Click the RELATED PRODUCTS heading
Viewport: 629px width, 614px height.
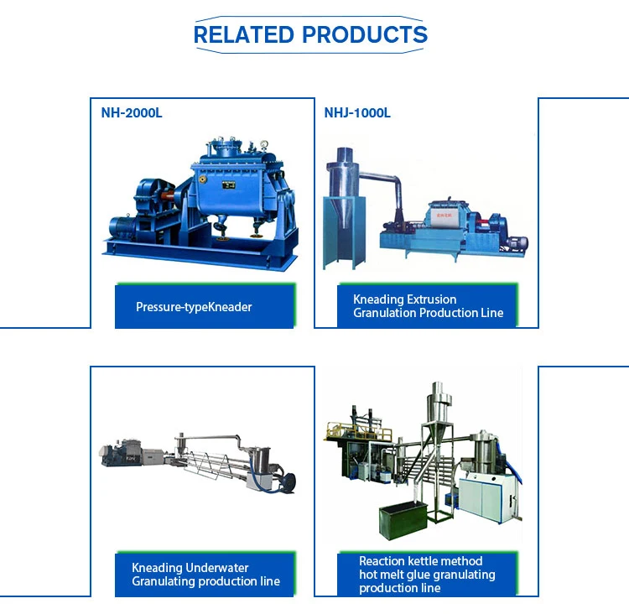(310, 34)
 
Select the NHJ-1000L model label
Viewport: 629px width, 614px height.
(357, 112)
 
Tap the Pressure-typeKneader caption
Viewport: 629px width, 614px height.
(194, 307)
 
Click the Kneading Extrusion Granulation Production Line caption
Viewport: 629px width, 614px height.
(428, 306)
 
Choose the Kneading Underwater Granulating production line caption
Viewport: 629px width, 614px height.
(205, 575)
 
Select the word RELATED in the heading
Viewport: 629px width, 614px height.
(244, 34)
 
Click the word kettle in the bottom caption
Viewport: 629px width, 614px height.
(426, 561)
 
